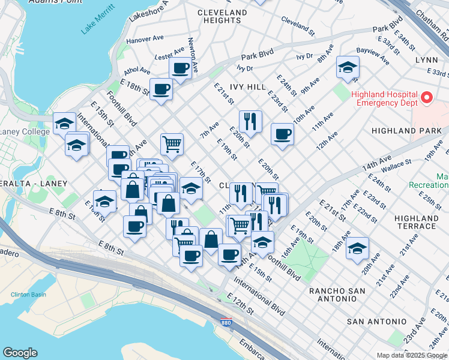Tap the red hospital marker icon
pos(427,97)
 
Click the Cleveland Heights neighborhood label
pos(222,16)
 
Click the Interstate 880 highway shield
pos(226,322)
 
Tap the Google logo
pos(20,353)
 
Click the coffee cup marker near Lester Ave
pos(180,68)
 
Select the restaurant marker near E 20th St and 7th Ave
pos(250,122)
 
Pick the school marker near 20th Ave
pos(357,248)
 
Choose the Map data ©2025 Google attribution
pos(412,355)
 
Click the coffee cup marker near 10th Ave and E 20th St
pos(282,134)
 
